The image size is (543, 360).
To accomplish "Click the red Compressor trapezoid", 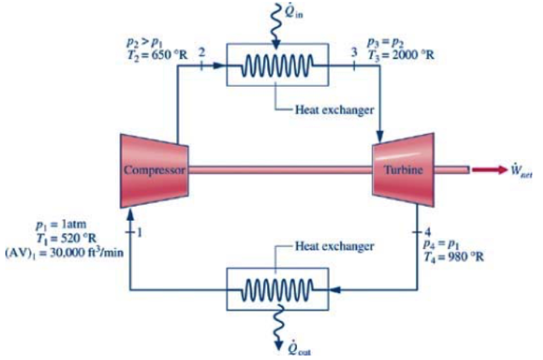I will [x=154, y=169].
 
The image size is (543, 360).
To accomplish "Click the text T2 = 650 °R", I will [x=157, y=55].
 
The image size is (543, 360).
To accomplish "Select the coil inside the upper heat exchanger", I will [x=277, y=65].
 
